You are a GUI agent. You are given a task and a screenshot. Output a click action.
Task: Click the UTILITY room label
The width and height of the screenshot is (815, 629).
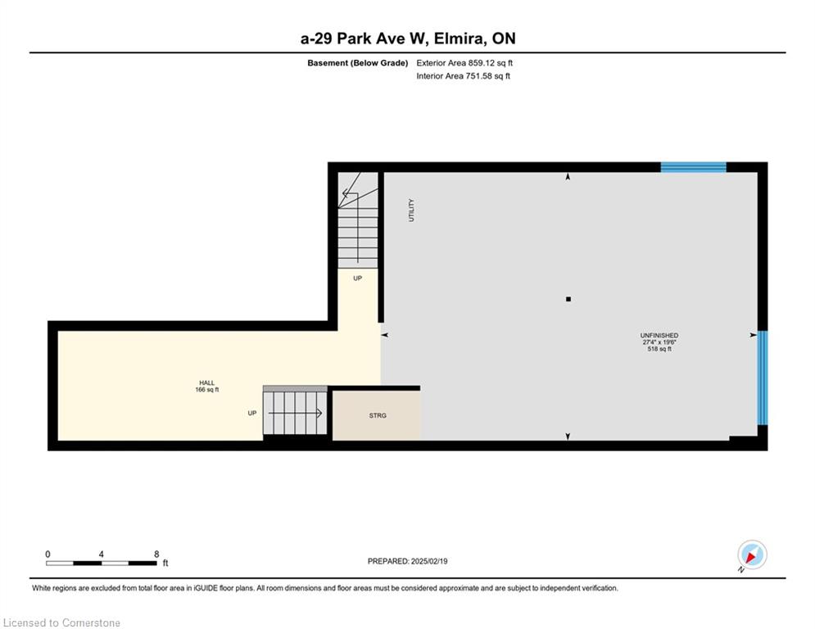411,210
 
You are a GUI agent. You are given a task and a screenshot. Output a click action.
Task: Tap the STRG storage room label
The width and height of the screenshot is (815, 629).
378,415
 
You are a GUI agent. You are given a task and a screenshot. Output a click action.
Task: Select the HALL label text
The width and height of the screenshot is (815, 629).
207,382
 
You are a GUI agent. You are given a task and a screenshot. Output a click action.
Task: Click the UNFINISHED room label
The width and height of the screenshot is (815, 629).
659,335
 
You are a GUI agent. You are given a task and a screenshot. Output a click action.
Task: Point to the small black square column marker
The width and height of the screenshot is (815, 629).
568,299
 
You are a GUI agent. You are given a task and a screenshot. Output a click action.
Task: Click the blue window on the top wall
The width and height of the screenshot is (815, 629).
694,167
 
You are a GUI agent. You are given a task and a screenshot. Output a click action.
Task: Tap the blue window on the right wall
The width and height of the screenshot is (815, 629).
763,378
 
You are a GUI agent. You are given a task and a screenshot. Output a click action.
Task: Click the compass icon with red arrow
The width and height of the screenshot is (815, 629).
752,554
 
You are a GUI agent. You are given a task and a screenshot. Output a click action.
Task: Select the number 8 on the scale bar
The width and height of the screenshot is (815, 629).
156,554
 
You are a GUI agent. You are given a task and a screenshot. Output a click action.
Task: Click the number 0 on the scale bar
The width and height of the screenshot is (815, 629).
48,554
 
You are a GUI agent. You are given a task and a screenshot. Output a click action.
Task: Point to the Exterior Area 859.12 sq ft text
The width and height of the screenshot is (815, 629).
464,63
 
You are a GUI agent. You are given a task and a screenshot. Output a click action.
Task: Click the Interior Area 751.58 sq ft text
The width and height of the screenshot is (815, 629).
463,76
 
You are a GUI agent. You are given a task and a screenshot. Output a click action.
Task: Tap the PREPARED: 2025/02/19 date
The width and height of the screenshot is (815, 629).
408,561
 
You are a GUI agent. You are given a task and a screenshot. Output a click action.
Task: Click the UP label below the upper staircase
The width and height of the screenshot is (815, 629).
358,278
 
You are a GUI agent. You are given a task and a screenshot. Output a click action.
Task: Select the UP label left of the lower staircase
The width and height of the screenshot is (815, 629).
252,414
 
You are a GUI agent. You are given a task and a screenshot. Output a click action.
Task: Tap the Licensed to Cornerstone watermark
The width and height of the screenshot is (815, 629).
61,622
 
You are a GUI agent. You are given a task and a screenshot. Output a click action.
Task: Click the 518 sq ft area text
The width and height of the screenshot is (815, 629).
659,349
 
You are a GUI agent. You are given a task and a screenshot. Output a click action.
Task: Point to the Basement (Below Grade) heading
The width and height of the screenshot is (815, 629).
358,63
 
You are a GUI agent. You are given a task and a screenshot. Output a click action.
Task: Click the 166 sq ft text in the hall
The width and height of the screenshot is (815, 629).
207,389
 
